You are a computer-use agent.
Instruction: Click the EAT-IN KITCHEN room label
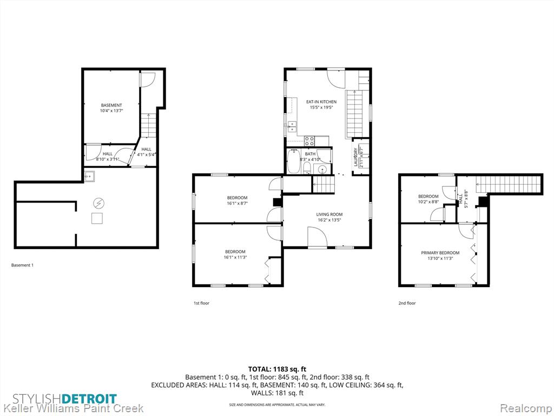click(x=321, y=102)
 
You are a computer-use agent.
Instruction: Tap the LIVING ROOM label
click(x=329, y=214)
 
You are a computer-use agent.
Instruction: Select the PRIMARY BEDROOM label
click(x=440, y=253)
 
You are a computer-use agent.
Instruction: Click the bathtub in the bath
click(x=293, y=161)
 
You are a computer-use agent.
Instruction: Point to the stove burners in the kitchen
click(x=309, y=141)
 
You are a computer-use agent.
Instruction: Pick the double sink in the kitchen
click(x=292, y=127)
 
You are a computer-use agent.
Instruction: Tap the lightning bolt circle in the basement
click(x=99, y=203)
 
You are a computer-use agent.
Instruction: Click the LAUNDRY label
click(x=356, y=157)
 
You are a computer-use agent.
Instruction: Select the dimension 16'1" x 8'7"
click(x=237, y=204)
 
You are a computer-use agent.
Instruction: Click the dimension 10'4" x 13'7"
click(x=111, y=110)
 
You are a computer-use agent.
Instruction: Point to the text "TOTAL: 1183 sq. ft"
click(x=277, y=369)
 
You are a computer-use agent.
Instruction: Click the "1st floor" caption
click(x=201, y=303)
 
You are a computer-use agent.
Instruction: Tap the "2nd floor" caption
click(x=407, y=303)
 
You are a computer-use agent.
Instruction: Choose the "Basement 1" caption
click(x=22, y=265)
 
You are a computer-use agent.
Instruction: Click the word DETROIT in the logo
click(x=89, y=399)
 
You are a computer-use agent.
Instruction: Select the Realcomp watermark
click(x=526, y=408)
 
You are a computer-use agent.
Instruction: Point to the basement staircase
click(x=149, y=126)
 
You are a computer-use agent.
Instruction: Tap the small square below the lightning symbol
click(x=97, y=218)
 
